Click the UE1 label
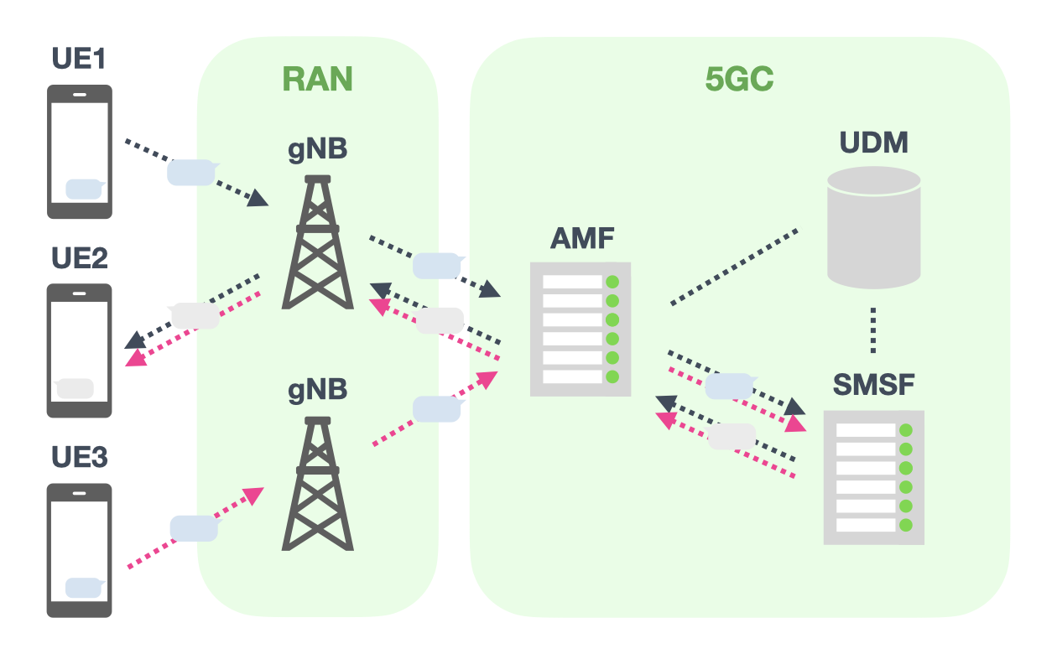(x=78, y=60)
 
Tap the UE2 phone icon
(x=79, y=350)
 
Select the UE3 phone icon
(x=79, y=550)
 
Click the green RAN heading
(x=317, y=79)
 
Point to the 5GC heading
(x=739, y=79)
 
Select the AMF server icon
(x=581, y=329)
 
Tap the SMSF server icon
(x=873, y=477)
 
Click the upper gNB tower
(x=317, y=242)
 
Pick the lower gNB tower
(x=317, y=484)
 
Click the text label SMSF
(x=873, y=385)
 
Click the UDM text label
(x=873, y=143)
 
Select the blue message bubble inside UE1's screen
(x=86, y=189)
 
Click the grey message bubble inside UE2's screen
(x=75, y=388)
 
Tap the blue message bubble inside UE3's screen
(x=86, y=588)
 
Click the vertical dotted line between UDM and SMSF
(x=873, y=330)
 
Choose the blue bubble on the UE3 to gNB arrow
(x=194, y=528)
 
